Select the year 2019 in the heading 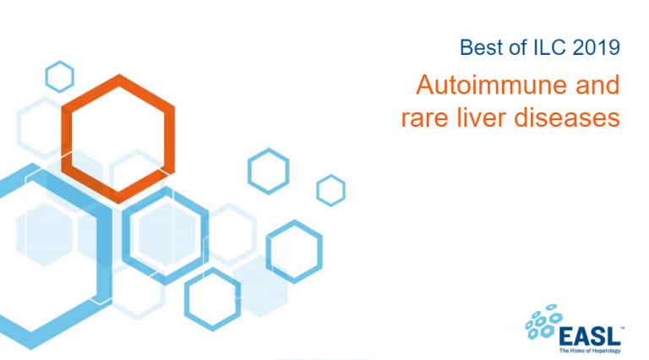(597, 47)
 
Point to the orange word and (597, 85)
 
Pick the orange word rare (424, 118)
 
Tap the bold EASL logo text (589, 336)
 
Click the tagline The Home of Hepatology (590, 351)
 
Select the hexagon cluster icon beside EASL (543, 321)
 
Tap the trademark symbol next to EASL (622, 328)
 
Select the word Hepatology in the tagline (606, 351)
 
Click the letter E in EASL (567, 336)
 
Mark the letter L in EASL (614, 336)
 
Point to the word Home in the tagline (577, 351)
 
